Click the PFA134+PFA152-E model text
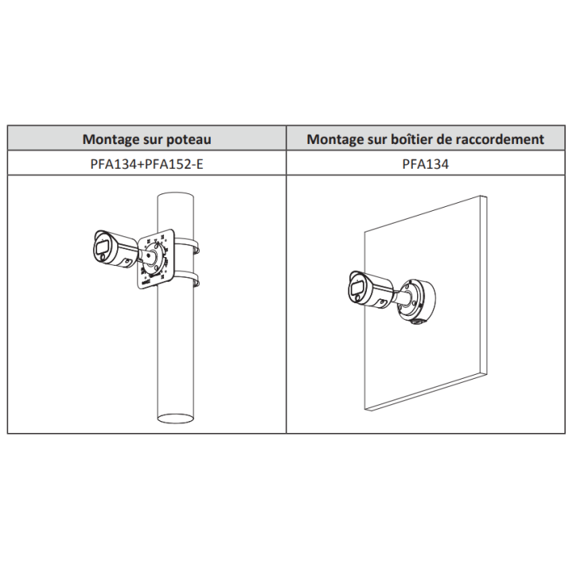(x=146, y=164)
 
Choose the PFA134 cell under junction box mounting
(x=425, y=164)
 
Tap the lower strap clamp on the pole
(x=187, y=278)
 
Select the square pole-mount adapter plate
(x=156, y=259)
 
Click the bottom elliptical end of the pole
(x=175, y=418)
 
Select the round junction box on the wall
(x=417, y=300)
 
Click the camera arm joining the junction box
(x=403, y=297)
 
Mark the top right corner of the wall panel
(x=486, y=197)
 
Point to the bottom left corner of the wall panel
(x=365, y=410)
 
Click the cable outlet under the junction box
(x=416, y=322)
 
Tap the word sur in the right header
(x=377, y=139)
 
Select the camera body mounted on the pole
(x=115, y=249)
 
